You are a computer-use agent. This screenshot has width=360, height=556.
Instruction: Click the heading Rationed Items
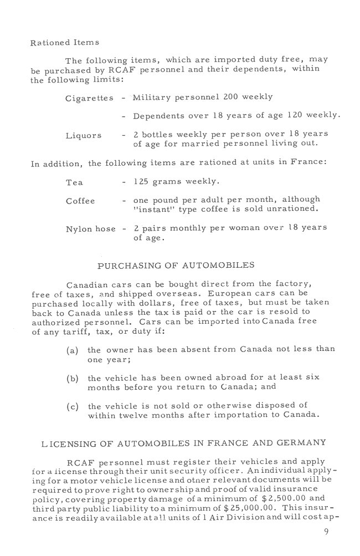tap(57, 42)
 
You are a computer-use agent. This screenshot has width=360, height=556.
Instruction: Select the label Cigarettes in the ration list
tap(90, 98)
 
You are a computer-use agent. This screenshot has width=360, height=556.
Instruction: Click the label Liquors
tap(84, 135)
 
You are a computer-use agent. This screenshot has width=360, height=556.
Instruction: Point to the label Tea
tap(73, 182)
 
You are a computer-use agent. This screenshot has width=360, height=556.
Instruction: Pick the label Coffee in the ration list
tap(80, 201)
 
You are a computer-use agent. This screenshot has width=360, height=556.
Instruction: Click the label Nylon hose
tap(91, 229)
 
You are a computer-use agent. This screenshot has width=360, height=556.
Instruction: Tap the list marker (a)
tap(71, 350)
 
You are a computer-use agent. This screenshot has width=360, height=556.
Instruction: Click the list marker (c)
tap(71, 406)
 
